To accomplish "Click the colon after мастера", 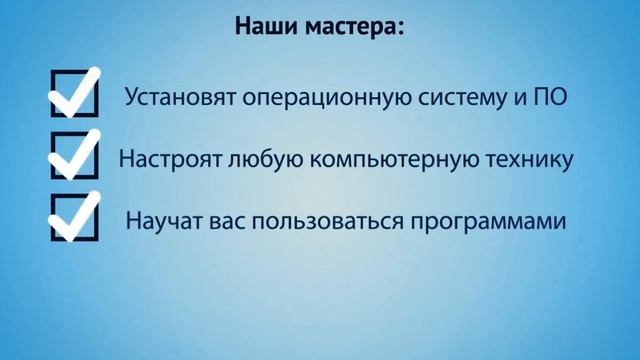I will click(x=400, y=27).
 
